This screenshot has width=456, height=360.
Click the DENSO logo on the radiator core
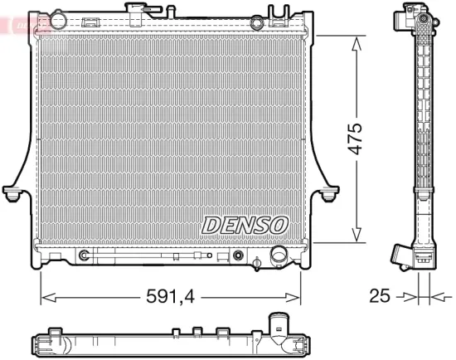(245, 225)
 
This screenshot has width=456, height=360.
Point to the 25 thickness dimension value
(378, 296)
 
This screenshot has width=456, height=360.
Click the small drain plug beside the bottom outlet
(258, 265)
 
